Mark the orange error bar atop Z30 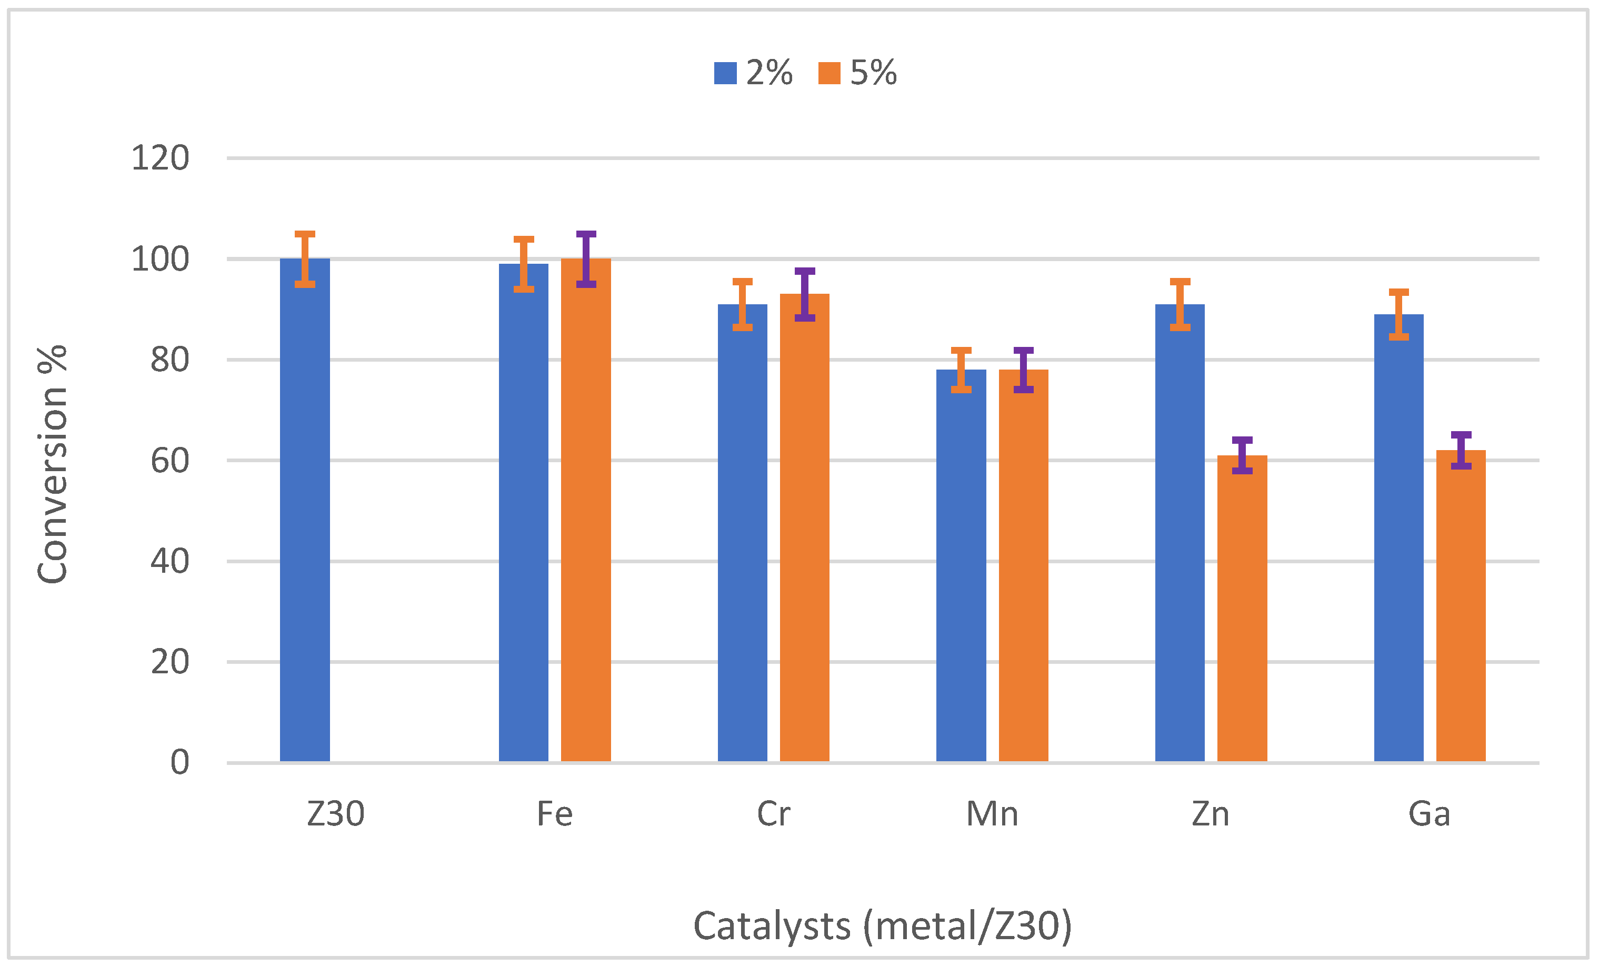pos(304,259)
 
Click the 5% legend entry pos(857,73)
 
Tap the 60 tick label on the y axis pos(169,461)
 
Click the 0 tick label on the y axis pos(180,762)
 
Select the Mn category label pos(992,814)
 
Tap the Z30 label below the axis pos(335,814)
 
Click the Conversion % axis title pos(53,464)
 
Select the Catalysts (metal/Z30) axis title pos(882,926)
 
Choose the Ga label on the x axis pos(1429,814)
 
